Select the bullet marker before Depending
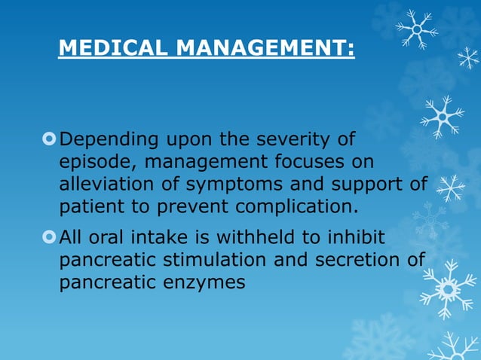50,139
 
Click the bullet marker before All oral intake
50,238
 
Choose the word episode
96,163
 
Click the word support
370,185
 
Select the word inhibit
356,238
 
